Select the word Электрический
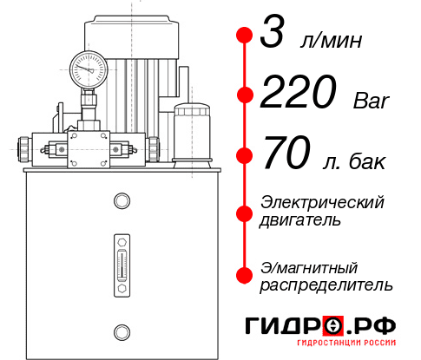(322, 202)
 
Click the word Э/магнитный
(309, 266)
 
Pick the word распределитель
(326, 284)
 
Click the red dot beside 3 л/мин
(244, 36)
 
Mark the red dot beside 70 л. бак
(244, 154)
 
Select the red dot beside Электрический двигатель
(244, 212)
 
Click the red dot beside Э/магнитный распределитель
(244, 274)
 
